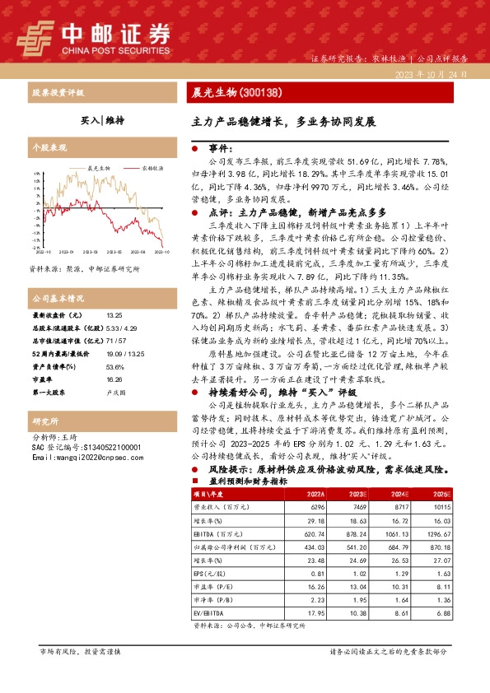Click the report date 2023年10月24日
click(x=431, y=74)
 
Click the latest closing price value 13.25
click(x=114, y=315)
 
